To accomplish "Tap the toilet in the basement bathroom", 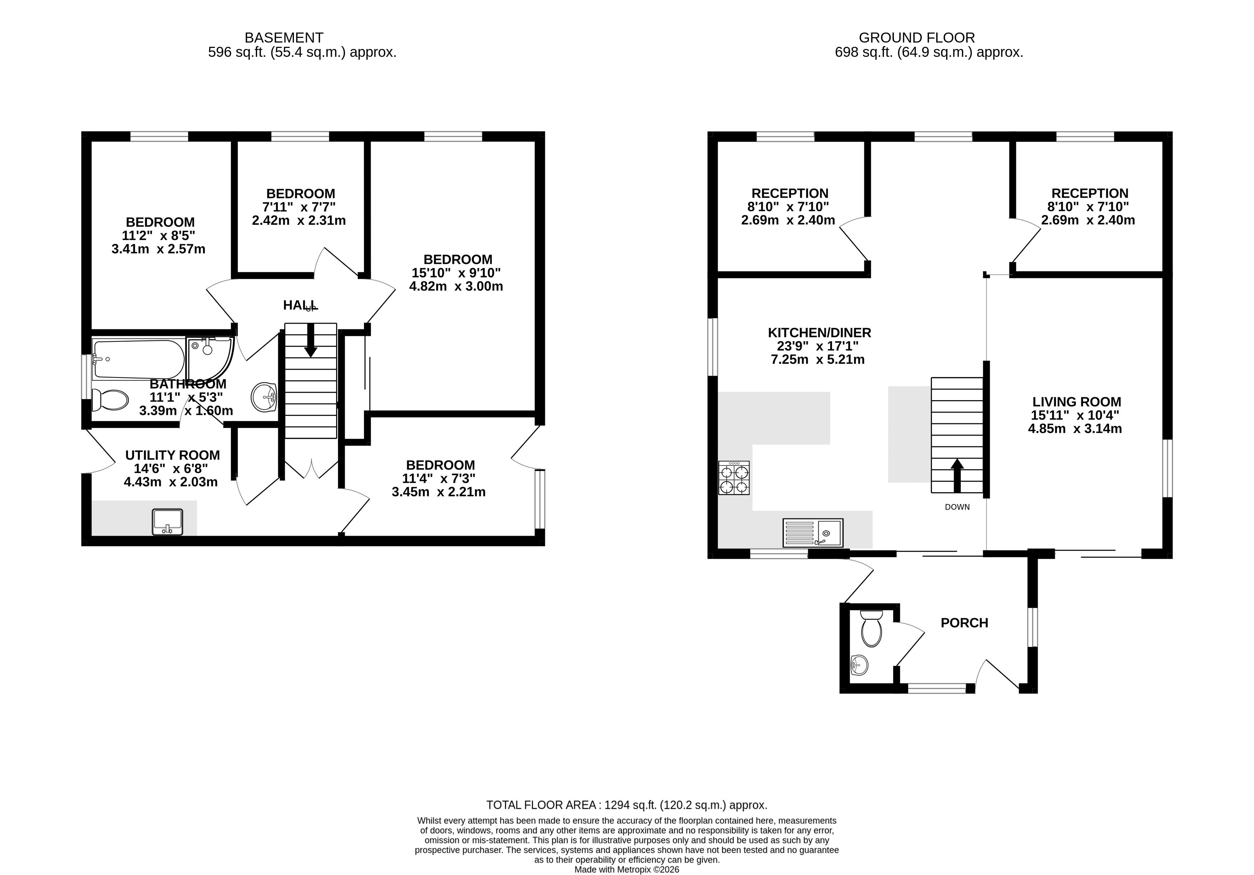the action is point(110,400).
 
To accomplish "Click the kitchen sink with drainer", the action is point(813,532).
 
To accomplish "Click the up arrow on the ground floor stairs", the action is point(957,476).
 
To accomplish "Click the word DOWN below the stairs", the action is point(958,507).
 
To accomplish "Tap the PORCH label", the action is point(964,623).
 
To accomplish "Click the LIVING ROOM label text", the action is point(1077,402).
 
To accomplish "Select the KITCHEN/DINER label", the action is point(819,333).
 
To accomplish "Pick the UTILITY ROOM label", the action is point(173,455).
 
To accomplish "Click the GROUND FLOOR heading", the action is point(917,38).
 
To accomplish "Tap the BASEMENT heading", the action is point(284,38).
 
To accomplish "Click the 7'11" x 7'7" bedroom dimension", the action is point(299,207).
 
